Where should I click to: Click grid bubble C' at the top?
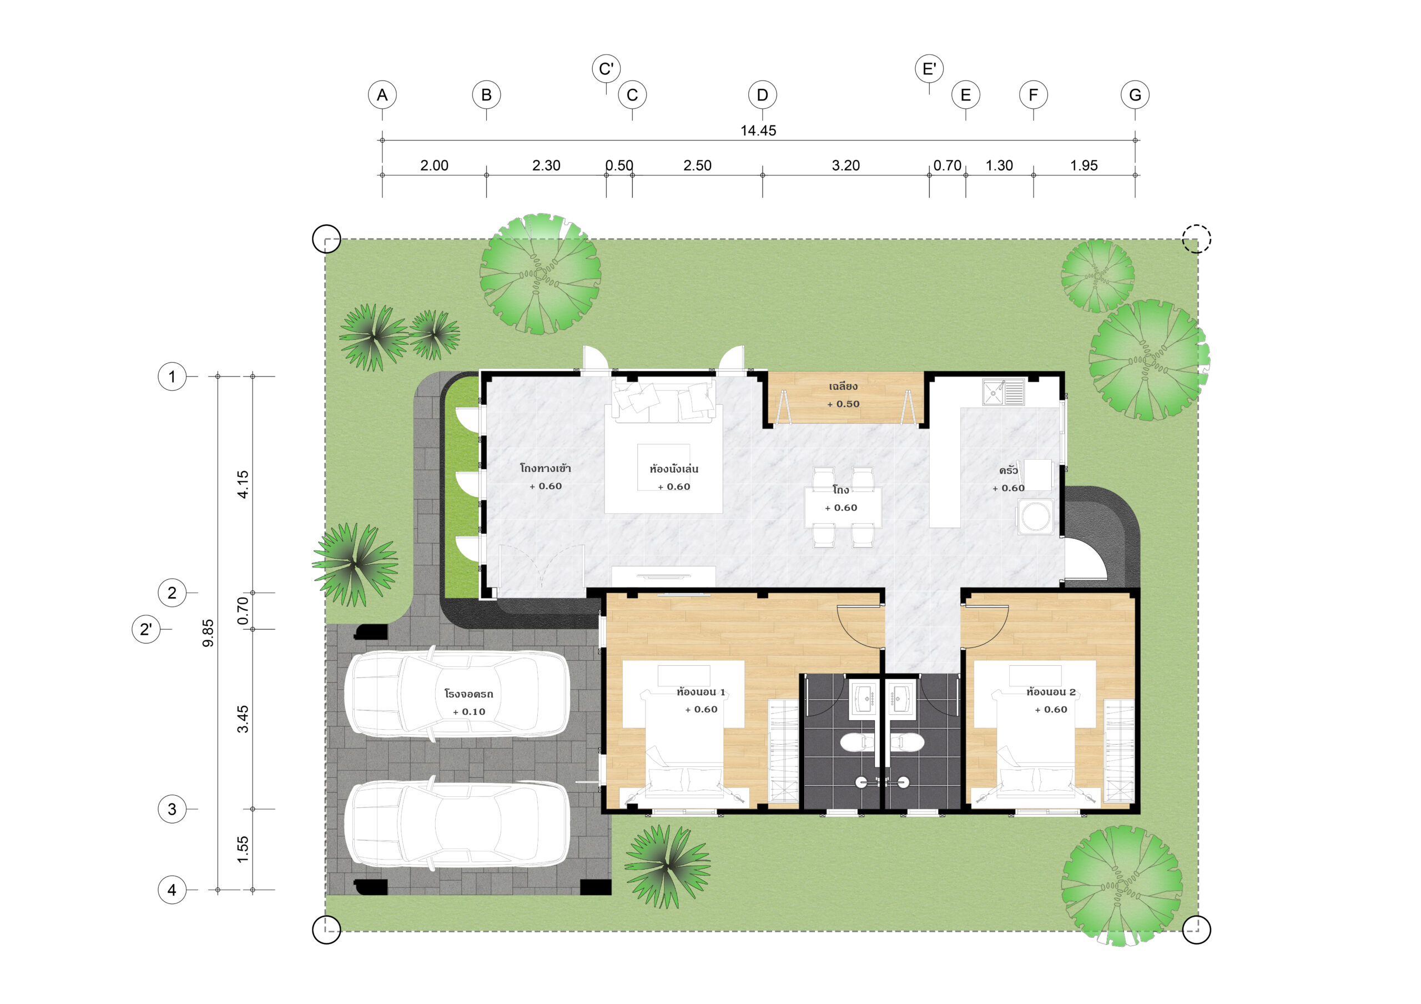[x=606, y=68]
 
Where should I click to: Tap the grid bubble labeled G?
[x=1135, y=95]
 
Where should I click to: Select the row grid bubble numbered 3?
[x=172, y=809]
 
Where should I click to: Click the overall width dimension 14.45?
[x=758, y=130]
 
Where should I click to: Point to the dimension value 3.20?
[x=845, y=165]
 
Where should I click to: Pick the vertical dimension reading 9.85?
[x=209, y=633]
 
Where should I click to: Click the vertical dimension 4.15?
[x=243, y=484]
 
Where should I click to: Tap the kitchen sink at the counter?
[x=1003, y=393]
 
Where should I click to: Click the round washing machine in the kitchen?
[x=1035, y=516]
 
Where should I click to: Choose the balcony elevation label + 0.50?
[x=843, y=404]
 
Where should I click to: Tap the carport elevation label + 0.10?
[x=469, y=712]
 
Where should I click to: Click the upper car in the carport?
[x=457, y=694]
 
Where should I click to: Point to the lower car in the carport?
[x=457, y=824]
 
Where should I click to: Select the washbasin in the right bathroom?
[x=902, y=699]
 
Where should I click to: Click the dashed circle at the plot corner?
[x=1196, y=238]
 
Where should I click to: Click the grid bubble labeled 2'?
[x=146, y=629]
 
